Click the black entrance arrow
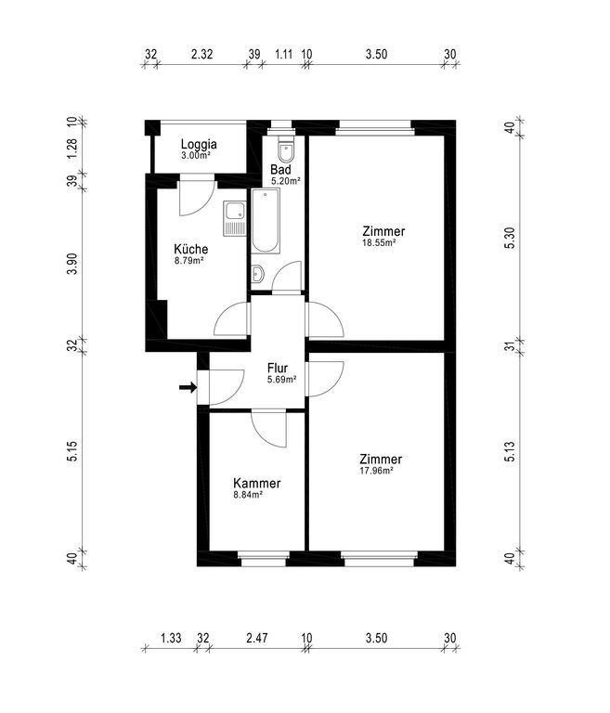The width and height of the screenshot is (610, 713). coord(188,387)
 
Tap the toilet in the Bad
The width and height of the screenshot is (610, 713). coord(286,149)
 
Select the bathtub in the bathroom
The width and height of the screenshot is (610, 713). coord(266,221)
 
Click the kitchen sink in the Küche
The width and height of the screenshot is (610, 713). coord(234,219)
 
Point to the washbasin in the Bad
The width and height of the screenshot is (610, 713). coord(257,274)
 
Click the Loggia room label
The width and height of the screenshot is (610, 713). coord(199,145)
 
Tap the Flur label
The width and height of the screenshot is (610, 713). coord(278,368)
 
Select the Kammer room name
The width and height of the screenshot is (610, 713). coord(256,483)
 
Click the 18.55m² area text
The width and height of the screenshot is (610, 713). coord(379,243)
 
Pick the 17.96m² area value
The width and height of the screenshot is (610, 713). coord(376,471)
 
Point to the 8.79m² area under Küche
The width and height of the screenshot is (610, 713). coord(188,261)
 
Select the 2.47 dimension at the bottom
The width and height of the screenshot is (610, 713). coord(257,638)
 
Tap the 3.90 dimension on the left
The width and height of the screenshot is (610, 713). coord(72,264)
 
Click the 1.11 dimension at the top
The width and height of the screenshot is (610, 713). coord(283,54)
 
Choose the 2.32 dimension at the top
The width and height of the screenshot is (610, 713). coord(202,54)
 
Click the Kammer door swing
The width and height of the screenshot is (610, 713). coord(269,428)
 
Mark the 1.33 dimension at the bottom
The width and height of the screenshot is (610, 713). coord(171,638)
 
